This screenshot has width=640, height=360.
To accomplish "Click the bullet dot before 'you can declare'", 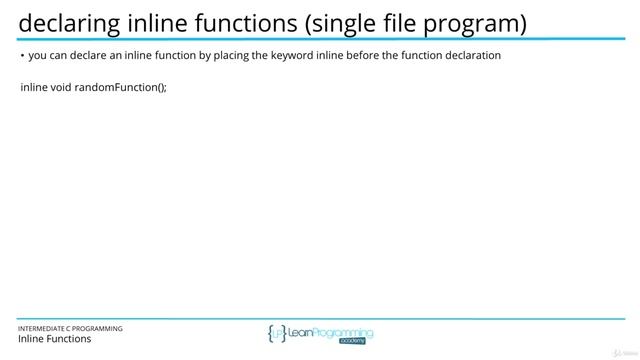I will [x=22, y=56].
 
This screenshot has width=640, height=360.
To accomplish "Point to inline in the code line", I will [x=33, y=88].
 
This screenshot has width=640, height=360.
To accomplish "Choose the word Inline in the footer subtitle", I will [x=31, y=339].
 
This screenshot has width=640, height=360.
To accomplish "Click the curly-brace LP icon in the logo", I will [x=278, y=334].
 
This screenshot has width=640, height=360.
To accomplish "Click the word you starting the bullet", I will [x=37, y=56].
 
